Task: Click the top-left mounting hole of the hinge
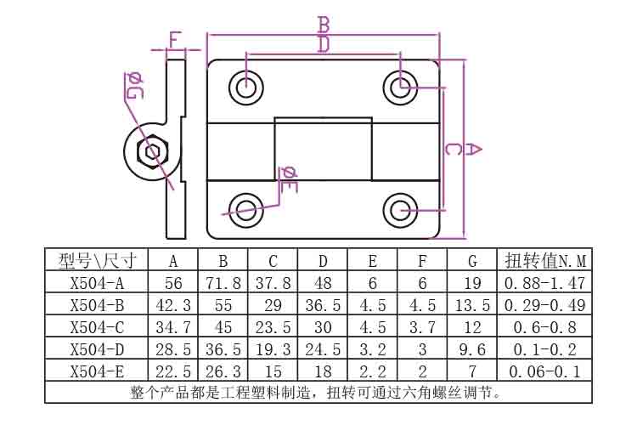[x=245, y=88]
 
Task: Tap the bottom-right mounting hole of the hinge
[x=401, y=210]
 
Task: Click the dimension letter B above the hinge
[x=324, y=25]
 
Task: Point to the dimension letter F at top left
[x=174, y=40]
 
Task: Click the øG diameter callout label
[x=133, y=86]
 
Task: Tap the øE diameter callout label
[x=289, y=179]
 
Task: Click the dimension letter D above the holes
[x=324, y=45]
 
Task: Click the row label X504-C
[x=97, y=327]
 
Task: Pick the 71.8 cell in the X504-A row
[x=223, y=283]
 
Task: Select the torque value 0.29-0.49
[x=544, y=305]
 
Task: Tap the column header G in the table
[x=472, y=261]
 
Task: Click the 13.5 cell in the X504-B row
[x=472, y=305]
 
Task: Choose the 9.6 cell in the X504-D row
[x=472, y=349]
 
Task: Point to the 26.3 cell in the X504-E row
[x=223, y=371]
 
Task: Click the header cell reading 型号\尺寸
[x=98, y=261]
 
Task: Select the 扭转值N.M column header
[x=545, y=261]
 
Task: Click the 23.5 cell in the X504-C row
[x=273, y=327]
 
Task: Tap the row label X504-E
[x=97, y=371]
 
